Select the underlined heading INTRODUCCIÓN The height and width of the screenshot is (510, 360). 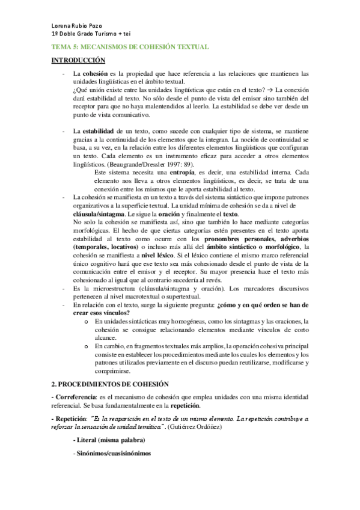point(78,60)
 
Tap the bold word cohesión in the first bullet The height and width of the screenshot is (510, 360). point(94,74)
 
